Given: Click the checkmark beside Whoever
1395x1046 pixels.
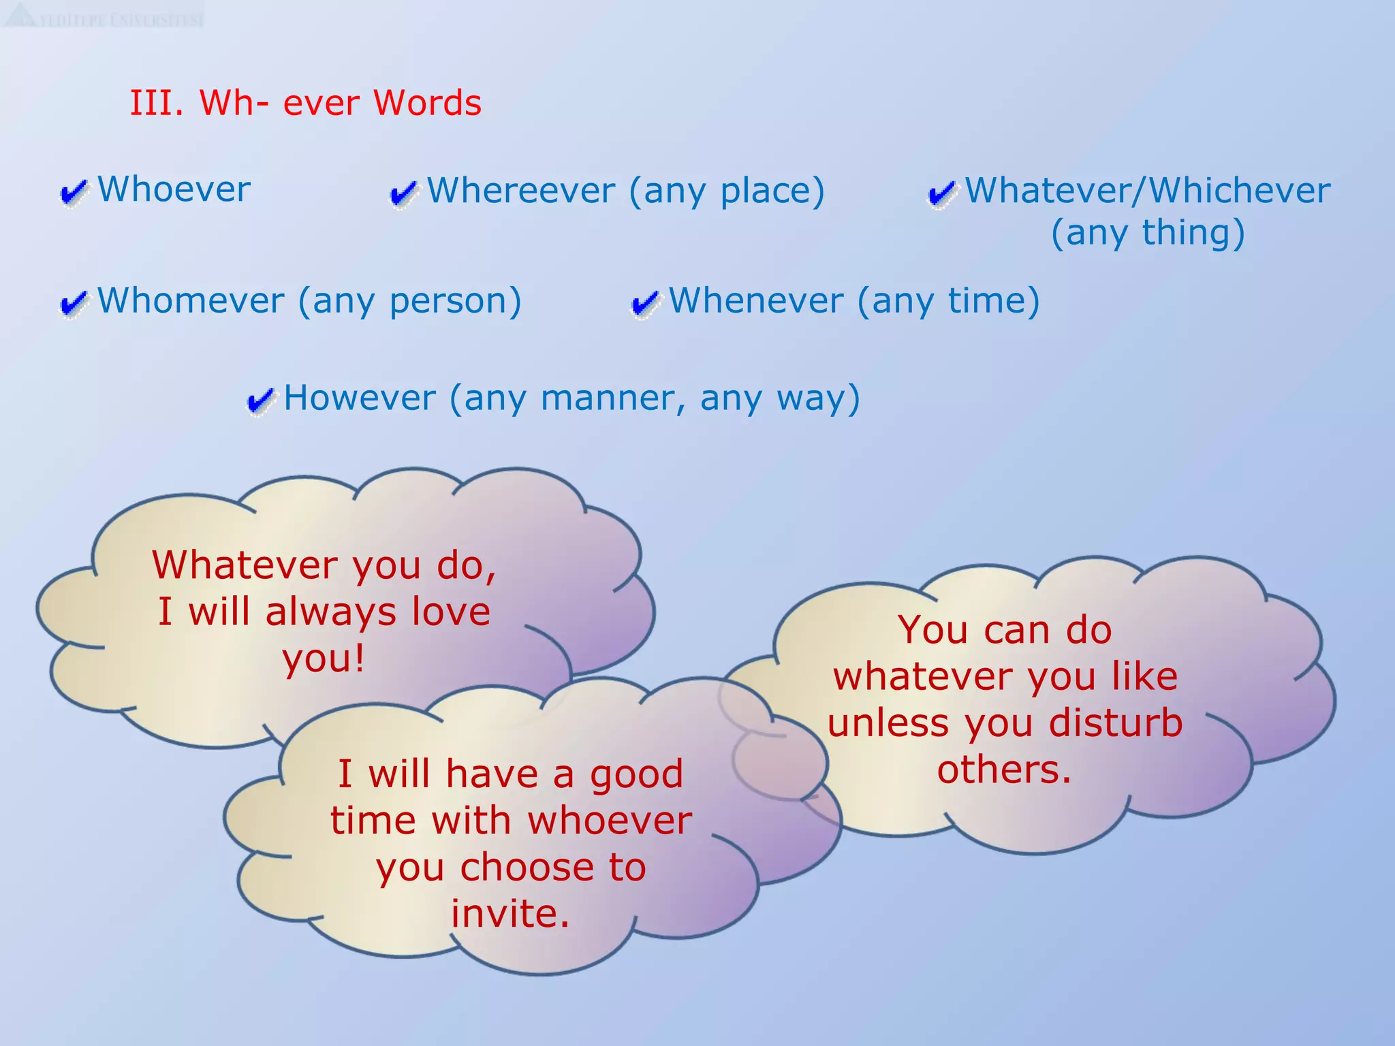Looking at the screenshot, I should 74,192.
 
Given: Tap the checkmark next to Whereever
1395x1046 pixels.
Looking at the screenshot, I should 403,193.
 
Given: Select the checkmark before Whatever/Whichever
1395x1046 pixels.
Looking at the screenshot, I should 942,193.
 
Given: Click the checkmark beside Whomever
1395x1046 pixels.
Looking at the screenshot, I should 74,303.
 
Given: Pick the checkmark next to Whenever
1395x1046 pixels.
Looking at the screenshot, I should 645,303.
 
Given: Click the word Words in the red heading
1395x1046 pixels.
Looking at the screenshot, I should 427,104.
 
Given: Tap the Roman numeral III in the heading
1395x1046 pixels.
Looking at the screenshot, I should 156,104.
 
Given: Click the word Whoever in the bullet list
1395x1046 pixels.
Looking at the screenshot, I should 174,189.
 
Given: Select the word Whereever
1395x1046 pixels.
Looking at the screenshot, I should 521,191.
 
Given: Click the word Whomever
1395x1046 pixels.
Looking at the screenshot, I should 191,301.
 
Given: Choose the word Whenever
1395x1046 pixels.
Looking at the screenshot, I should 756,301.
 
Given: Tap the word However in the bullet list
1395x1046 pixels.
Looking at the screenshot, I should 359,398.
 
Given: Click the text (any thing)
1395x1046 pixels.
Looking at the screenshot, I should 1148,233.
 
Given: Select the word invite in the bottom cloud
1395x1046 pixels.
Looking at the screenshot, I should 510,914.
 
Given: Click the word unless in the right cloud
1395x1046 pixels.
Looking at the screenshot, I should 888,723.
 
